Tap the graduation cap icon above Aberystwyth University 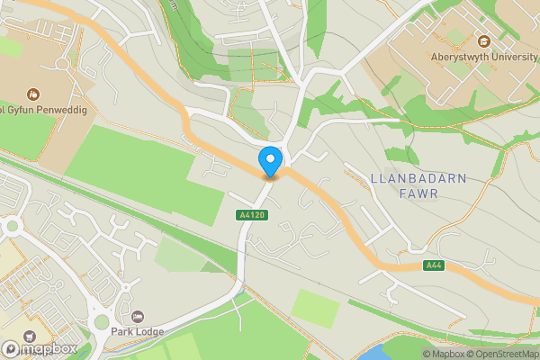point(484,41)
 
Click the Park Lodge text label point(137,332)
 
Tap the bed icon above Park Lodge point(137,317)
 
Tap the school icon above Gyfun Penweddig point(33,94)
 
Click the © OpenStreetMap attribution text point(501,354)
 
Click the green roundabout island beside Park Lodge point(101,321)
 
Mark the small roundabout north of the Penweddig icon point(61,65)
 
